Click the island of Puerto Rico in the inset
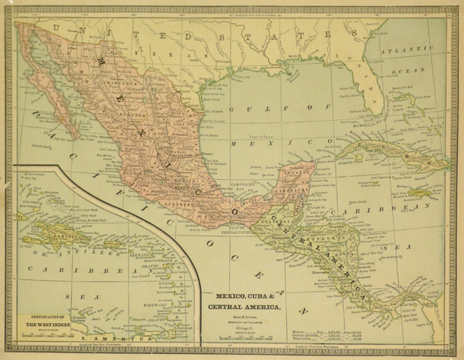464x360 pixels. point(113,244)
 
